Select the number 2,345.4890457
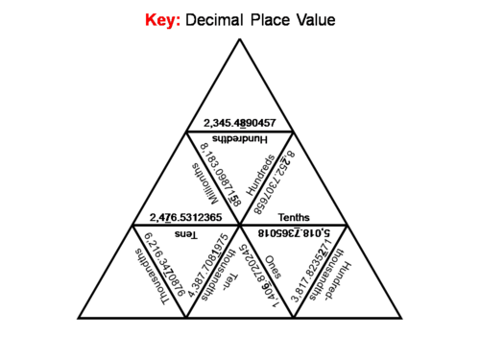(239, 123)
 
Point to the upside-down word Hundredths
(239, 139)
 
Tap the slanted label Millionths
(200, 180)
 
